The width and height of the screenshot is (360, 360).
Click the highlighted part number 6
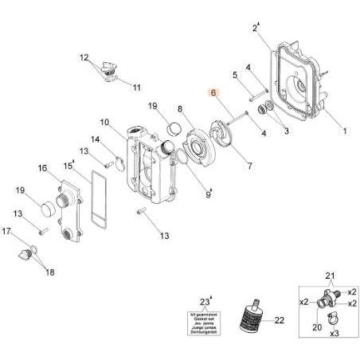tap(213, 93)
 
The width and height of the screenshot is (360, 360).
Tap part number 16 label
tap(44, 168)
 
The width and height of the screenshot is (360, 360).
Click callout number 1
tap(345, 129)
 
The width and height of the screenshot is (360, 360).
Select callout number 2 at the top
tap(256, 28)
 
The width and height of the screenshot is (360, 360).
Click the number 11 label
tap(136, 87)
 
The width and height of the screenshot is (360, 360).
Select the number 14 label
tap(95, 139)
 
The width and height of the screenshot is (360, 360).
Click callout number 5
tap(235, 75)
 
